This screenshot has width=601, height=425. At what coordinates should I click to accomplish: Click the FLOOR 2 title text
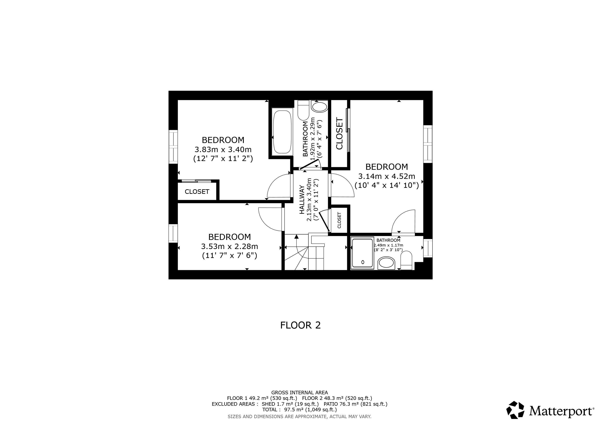coord(300,325)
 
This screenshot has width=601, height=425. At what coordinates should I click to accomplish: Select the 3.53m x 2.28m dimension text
coord(229,246)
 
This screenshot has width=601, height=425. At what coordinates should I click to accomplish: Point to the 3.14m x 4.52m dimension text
coord(387,176)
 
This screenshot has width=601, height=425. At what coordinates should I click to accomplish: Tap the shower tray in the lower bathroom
coord(363,253)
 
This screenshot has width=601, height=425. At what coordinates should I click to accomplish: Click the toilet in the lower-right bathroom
coord(406,260)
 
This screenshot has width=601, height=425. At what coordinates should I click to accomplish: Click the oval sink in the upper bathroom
coord(319,107)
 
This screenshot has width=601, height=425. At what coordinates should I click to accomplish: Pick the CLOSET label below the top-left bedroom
coord(197,192)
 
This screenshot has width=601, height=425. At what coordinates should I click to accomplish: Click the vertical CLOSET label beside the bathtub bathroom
coord(339,134)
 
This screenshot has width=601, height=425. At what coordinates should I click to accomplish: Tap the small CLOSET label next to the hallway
coord(340,220)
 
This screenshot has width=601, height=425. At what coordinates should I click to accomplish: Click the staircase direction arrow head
coord(296,237)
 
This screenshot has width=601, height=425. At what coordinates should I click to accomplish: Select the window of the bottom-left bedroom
coord(173,233)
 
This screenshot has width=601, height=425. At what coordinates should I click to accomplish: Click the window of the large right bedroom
coord(428,144)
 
